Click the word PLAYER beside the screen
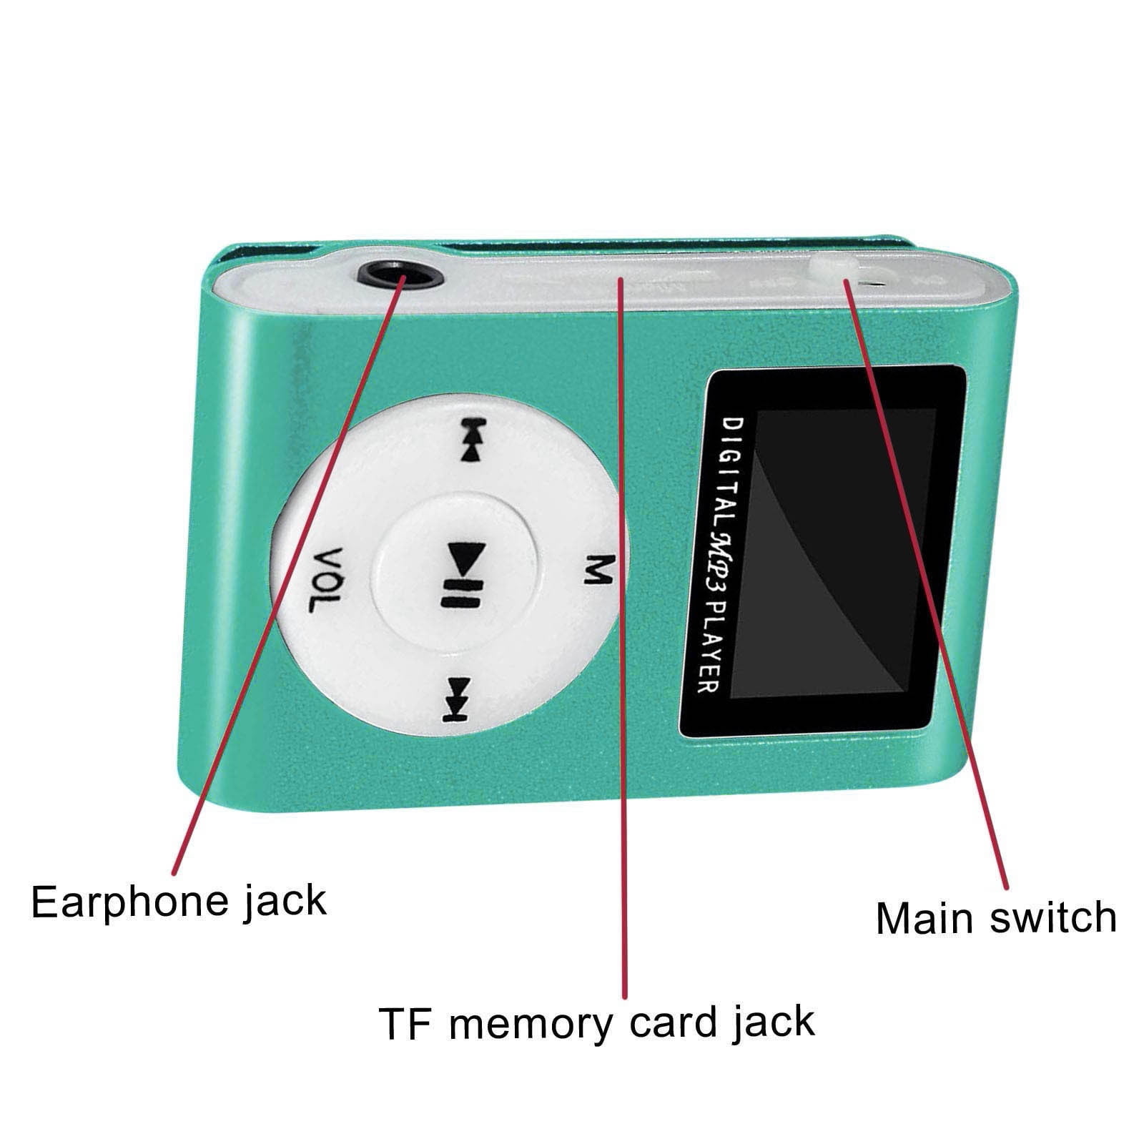707,647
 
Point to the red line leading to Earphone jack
286,572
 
